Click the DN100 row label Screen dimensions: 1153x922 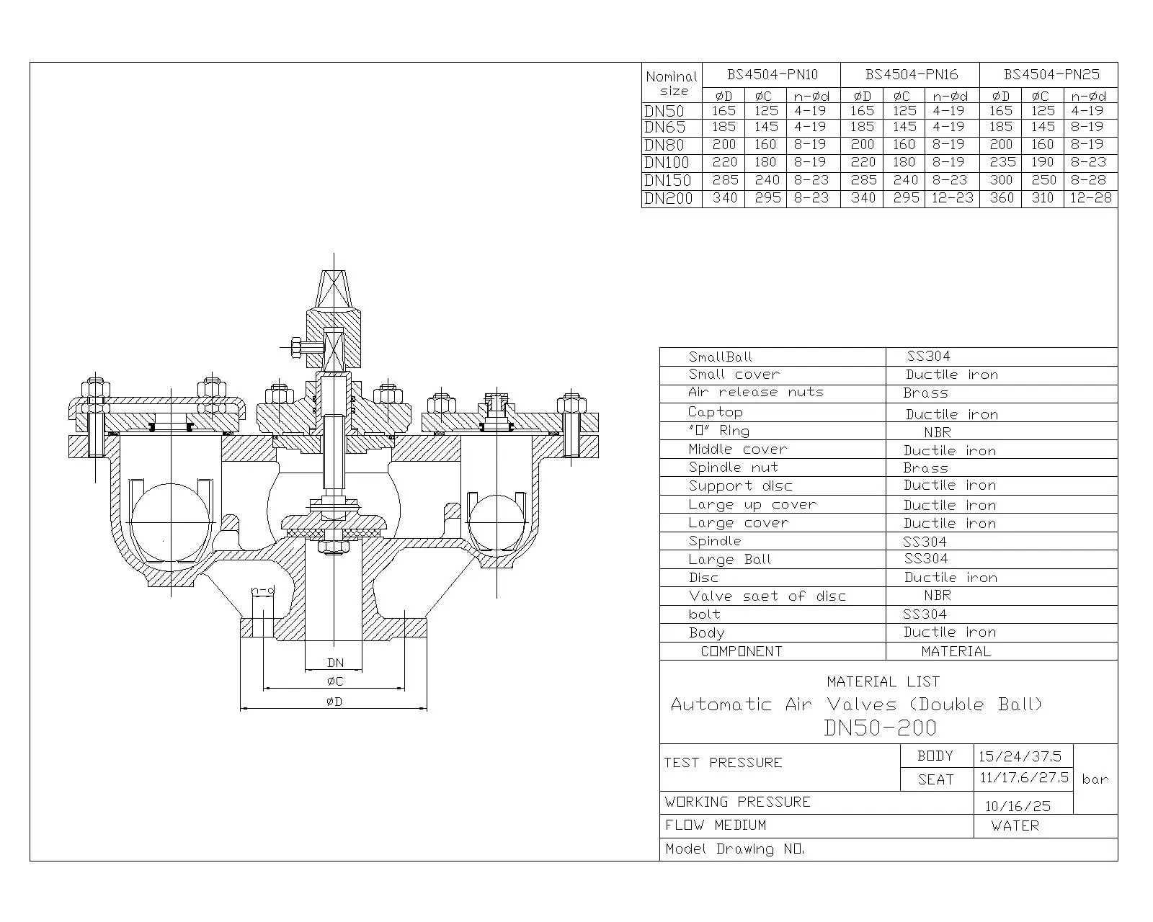[x=668, y=162]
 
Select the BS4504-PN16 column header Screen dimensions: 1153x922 [x=912, y=74]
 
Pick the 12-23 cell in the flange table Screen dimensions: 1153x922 [x=952, y=197]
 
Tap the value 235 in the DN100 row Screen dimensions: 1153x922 [x=1002, y=162]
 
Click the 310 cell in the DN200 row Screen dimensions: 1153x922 [x=1043, y=197]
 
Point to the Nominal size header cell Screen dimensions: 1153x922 [x=672, y=83]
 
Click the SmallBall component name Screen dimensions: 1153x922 [x=720, y=357]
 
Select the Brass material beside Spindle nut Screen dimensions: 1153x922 [x=925, y=467]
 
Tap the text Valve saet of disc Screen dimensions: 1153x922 [x=767, y=596]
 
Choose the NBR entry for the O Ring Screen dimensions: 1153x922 [x=937, y=431]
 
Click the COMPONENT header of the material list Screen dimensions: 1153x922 [x=742, y=651]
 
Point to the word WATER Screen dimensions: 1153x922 [x=1015, y=825]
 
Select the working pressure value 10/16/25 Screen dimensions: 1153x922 [x=1018, y=806]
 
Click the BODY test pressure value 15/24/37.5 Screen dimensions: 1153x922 [x=1020, y=756]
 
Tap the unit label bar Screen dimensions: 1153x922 [x=1095, y=779]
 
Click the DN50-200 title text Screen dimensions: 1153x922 [x=880, y=728]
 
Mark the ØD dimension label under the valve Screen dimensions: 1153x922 [x=334, y=702]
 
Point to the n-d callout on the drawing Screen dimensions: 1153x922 [x=263, y=591]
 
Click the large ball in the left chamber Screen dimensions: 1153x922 [x=170, y=522]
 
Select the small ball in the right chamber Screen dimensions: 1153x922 [x=497, y=522]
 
